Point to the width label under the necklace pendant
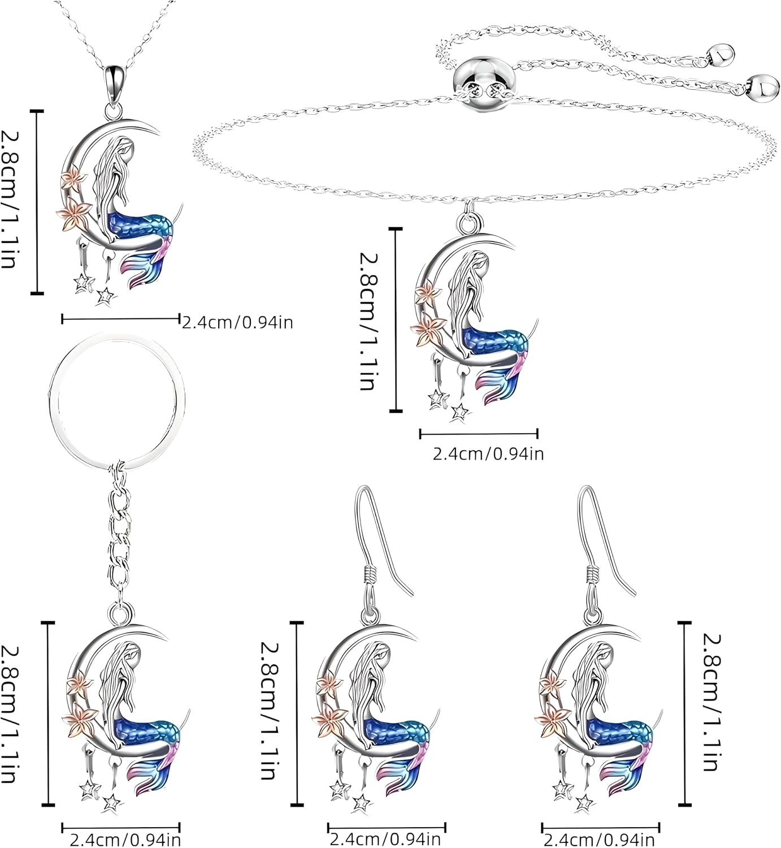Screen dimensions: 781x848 click(x=237, y=323)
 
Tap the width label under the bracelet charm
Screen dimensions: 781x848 click(x=488, y=454)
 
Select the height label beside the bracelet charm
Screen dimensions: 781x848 click(x=368, y=321)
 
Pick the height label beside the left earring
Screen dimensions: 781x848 click(x=268, y=711)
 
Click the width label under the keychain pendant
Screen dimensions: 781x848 click(x=125, y=840)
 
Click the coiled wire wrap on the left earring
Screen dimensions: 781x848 click(x=370, y=573)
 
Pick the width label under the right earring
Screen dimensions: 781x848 click(x=598, y=840)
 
